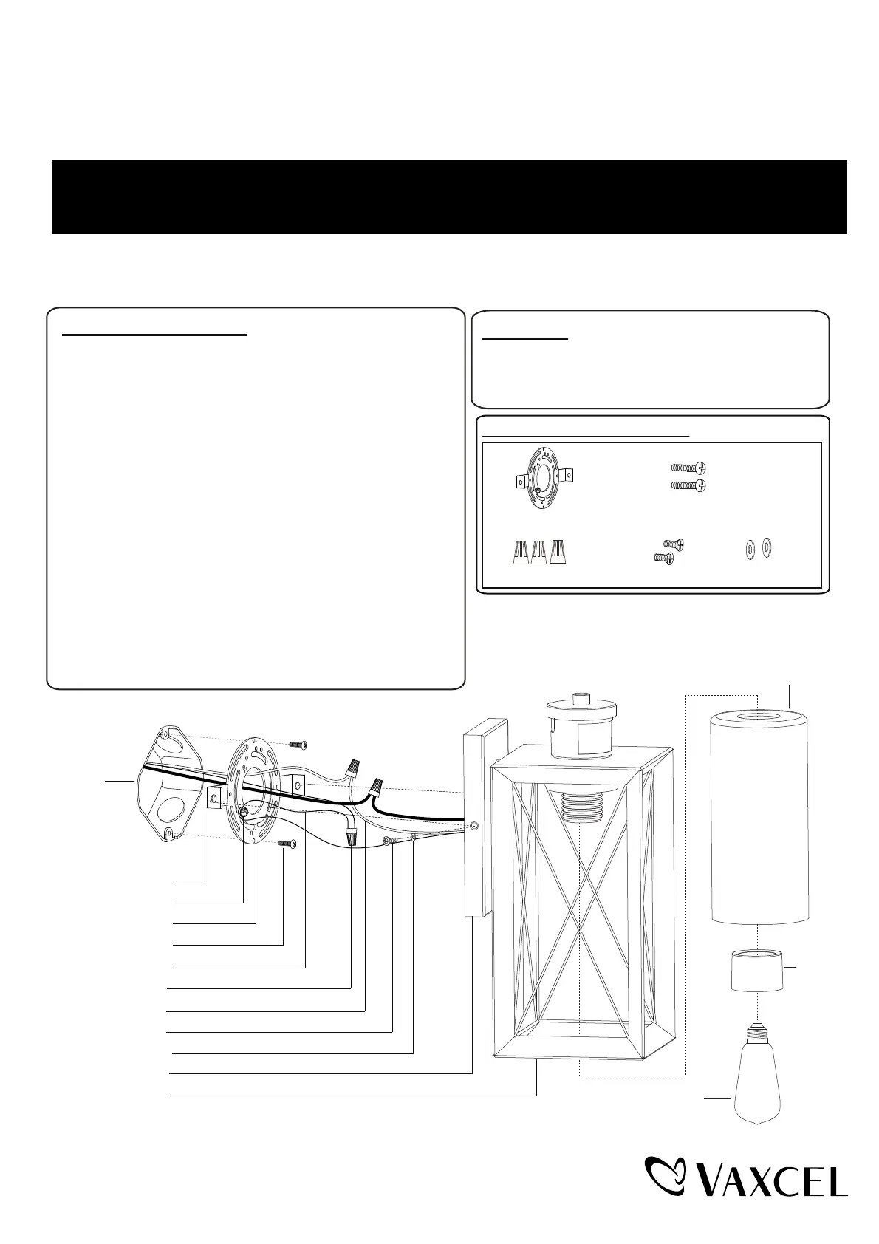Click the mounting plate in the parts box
(x=545, y=478)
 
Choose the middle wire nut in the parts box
(x=539, y=552)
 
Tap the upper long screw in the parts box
(x=688, y=468)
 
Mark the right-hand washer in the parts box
(x=767, y=547)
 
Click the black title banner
(x=449, y=196)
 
